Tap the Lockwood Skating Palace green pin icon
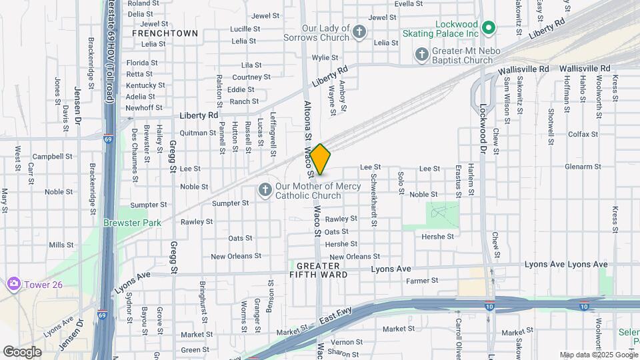click(489, 28)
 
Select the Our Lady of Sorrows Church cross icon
click(359, 31)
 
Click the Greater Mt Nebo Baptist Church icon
click(421, 53)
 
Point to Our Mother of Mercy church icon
click(265, 191)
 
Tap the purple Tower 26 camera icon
click(13, 285)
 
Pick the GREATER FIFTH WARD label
click(318, 269)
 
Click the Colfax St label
click(583, 134)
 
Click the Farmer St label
click(423, 281)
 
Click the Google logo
click(22, 351)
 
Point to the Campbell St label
click(52, 157)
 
